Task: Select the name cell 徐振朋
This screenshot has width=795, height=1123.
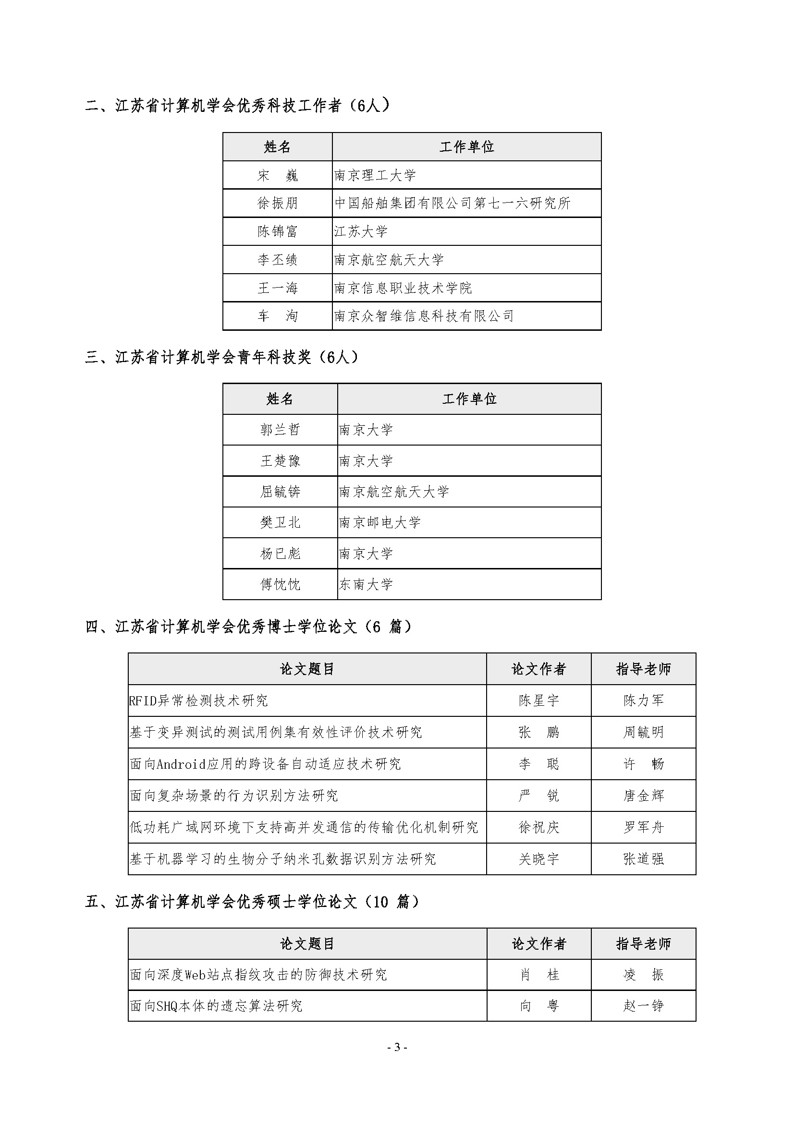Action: coord(278,203)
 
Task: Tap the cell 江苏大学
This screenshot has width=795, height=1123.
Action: coord(361,231)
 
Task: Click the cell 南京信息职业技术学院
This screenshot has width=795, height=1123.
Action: coord(403,288)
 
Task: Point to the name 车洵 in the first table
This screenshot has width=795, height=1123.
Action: coord(278,316)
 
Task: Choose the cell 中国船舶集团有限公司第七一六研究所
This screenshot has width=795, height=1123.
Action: coord(453,203)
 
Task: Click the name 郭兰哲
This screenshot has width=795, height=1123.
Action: coord(280,430)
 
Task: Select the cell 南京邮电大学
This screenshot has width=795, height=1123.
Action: coord(380,522)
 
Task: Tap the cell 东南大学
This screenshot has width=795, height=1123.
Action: coord(366,584)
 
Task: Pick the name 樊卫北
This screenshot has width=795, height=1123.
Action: coord(280,522)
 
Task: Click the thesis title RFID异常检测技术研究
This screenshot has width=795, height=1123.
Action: coord(199,700)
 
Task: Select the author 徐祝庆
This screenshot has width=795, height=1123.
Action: coord(538,827)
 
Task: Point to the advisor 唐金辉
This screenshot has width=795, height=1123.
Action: coord(643,796)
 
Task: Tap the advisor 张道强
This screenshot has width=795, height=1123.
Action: coord(643,859)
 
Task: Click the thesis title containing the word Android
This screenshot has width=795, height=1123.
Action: coord(265,764)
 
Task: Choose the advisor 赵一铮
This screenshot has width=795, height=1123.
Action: coord(643,1006)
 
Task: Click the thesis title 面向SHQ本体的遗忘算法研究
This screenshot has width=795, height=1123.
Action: coord(216,1006)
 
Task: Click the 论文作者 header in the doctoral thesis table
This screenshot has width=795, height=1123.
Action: coord(538,669)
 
